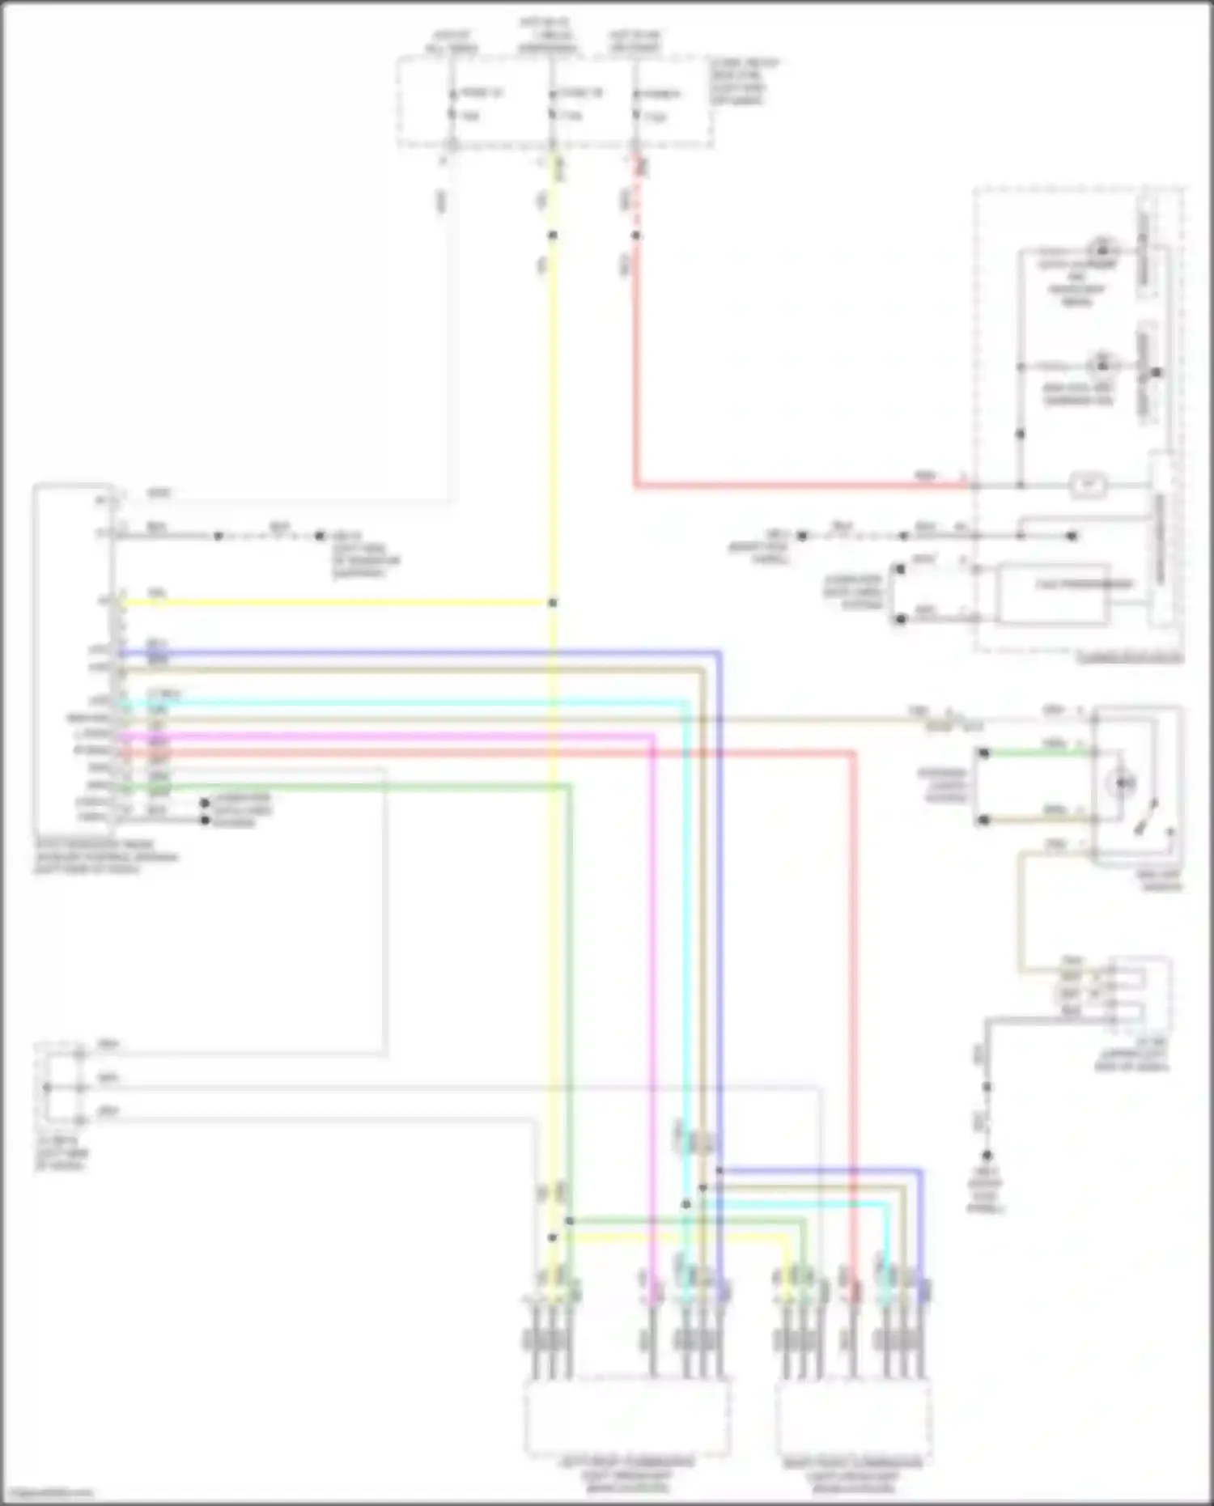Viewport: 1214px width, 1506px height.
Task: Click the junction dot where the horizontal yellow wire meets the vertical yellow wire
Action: pyautogui.click(x=553, y=603)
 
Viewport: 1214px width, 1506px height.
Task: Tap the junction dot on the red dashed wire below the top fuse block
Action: pyautogui.click(x=636, y=235)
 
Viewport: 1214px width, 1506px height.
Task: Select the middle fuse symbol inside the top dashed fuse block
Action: pyautogui.click(x=553, y=104)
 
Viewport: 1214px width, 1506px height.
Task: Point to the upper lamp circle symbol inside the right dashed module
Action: pyautogui.click(x=1101, y=248)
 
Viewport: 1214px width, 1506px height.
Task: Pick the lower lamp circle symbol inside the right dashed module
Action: pyautogui.click(x=1101, y=365)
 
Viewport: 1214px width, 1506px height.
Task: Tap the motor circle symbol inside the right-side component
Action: pyautogui.click(x=1122, y=783)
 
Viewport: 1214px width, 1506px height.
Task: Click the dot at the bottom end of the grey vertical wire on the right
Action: pyautogui.click(x=987, y=1156)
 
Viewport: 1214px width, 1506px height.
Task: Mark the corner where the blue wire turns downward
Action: pyautogui.click(x=719, y=652)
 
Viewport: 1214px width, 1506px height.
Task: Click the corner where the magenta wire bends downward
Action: pyautogui.click(x=652, y=736)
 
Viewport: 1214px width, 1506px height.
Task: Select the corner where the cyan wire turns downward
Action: pyautogui.click(x=686, y=703)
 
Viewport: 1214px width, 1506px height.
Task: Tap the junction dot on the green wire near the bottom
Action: pyautogui.click(x=570, y=1220)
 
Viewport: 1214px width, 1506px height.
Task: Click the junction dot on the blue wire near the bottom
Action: pyautogui.click(x=719, y=1170)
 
